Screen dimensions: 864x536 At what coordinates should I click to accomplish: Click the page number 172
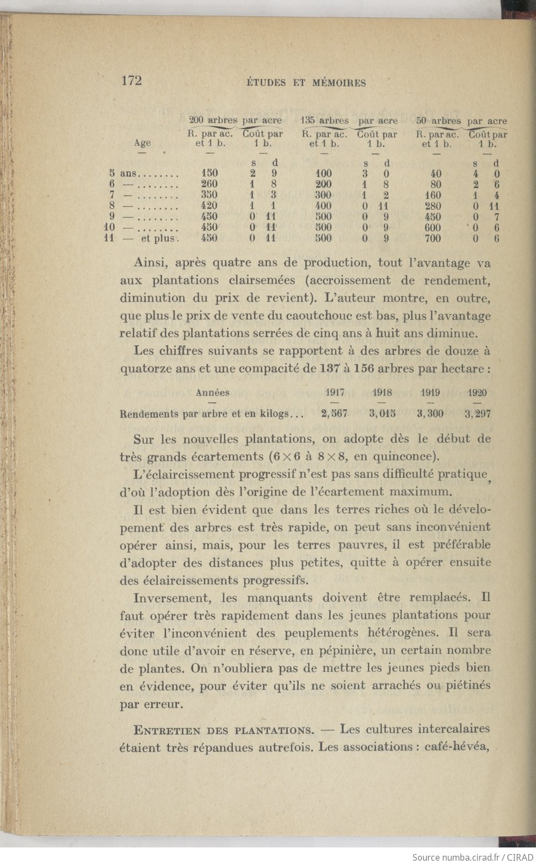131,81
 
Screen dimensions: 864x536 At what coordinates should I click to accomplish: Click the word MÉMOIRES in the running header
339,83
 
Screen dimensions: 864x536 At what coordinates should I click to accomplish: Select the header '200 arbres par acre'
235,120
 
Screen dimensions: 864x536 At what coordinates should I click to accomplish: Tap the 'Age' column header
142,143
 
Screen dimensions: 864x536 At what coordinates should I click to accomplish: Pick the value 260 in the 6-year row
209,184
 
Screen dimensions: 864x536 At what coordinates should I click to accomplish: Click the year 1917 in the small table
335,393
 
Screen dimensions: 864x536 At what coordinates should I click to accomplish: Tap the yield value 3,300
430,413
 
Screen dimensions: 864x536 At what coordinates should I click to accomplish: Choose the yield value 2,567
334,413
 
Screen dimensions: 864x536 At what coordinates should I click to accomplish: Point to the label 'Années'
213,393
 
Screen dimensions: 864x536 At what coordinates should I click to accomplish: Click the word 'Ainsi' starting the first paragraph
151,263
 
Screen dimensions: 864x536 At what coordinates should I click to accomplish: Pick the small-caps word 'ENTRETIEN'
168,730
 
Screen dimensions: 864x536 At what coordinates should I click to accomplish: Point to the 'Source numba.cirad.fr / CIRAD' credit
471,857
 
